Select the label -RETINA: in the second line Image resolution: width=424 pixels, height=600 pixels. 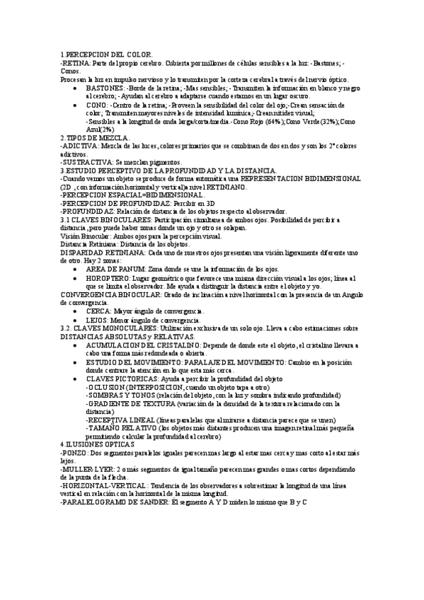pos(74,63)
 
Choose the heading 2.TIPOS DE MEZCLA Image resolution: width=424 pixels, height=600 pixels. pos(94,137)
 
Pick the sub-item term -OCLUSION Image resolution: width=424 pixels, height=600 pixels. pos(105,387)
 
